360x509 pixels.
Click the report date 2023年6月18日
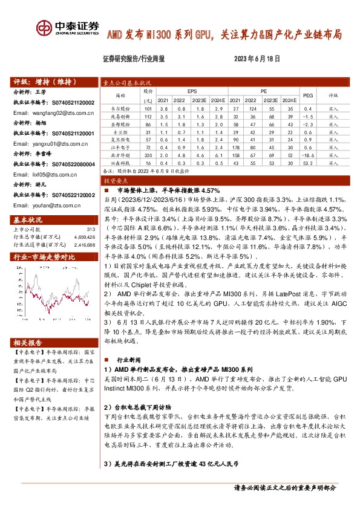pyautogui.click(x=255, y=59)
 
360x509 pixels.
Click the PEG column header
pyautogui.click(x=308, y=96)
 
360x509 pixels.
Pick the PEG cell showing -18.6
pyautogui.click(x=307, y=154)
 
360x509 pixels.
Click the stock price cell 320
pyautogui.click(x=147, y=154)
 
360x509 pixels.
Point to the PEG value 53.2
pyautogui.click(x=307, y=162)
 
